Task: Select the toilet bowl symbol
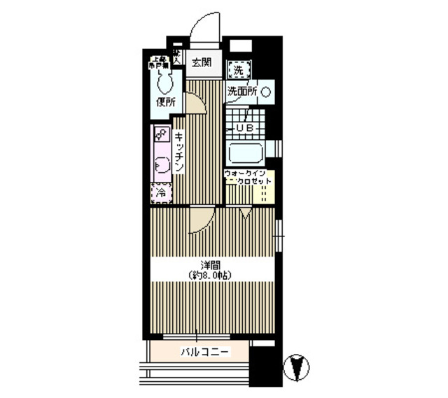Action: pos(165,83)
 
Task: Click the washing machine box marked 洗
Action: pos(239,70)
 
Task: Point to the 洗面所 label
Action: pos(242,92)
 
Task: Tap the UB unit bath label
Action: pos(243,129)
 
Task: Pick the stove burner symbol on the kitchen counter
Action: pos(160,133)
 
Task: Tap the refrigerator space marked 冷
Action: pos(160,192)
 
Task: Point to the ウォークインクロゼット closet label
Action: pos(248,178)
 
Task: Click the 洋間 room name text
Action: pos(207,264)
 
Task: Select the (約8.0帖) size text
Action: pos(209,275)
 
